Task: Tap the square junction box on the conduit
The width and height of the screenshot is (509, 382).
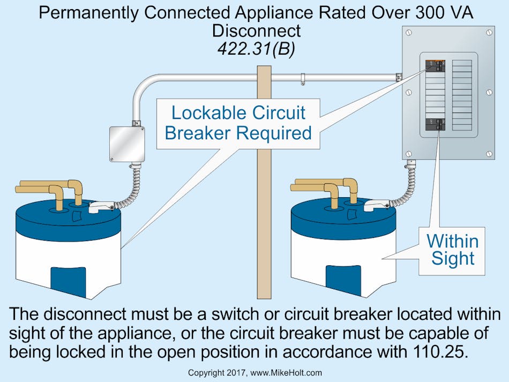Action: [x=126, y=144]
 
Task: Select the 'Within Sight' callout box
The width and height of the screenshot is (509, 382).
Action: [x=453, y=249]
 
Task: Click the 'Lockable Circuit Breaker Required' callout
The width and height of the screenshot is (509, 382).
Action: [x=238, y=123]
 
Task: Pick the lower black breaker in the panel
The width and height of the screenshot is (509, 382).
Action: [x=435, y=124]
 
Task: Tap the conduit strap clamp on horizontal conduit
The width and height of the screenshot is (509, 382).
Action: [x=303, y=79]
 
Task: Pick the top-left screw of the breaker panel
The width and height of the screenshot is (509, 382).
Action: [x=410, y=33]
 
